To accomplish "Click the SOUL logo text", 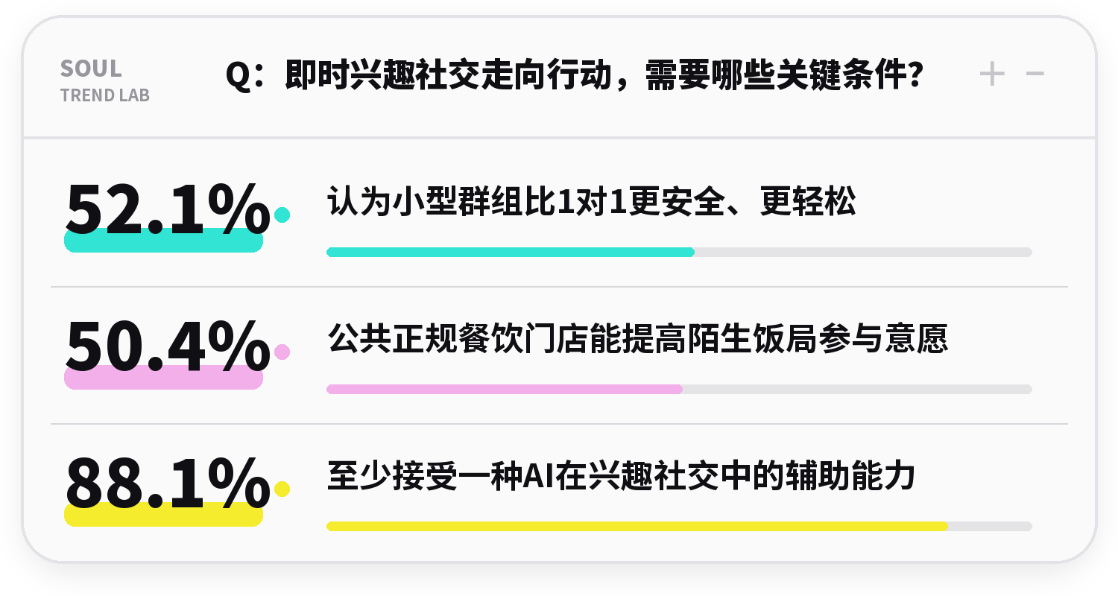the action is (x=91, y=69).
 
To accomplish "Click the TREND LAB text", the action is (x=105, y=95).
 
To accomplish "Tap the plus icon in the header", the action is (x=992, y=74).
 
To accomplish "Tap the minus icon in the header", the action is (x=1035, y=74).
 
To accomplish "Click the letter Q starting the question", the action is (x=239, y=75).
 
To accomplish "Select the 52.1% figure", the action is (x=168, y=209).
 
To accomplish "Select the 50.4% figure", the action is (x=168, y=346).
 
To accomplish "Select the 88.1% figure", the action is (x=168, y=483).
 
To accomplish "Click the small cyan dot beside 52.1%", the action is (x=282, y=215).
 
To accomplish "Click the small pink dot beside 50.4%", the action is (x=282, y=352).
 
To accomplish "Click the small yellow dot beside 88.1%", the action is (x=282, y=489).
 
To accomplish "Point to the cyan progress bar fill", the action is (x=511, y=252).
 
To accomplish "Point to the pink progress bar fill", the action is (x=505, y=389).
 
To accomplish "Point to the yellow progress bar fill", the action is (x=637, y=526).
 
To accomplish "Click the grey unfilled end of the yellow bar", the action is (x=991, y=526).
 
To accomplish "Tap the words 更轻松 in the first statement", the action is (x=808, y=201).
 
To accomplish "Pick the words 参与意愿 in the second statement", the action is (x=883, y=339).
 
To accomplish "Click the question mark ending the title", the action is (x=915, y=74).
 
